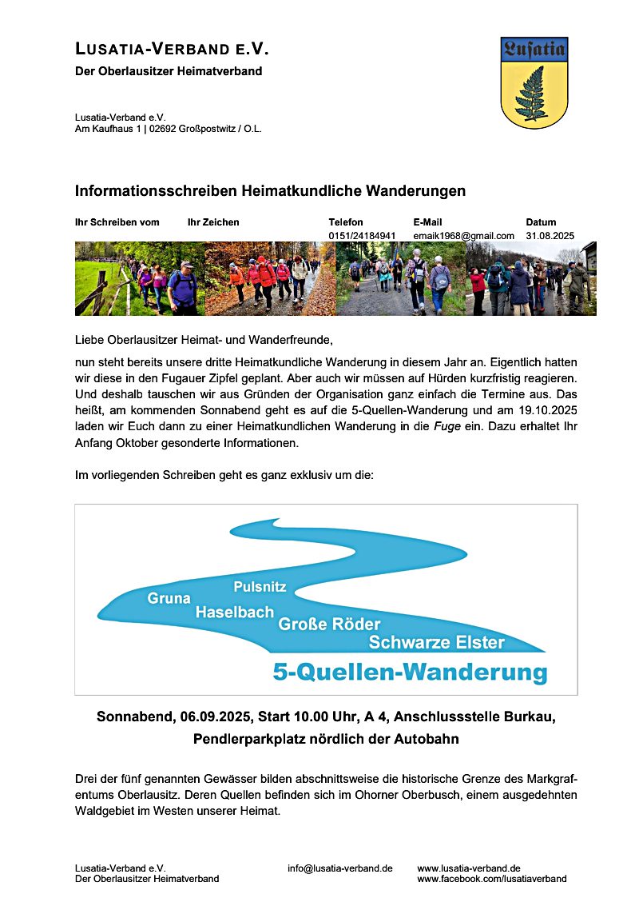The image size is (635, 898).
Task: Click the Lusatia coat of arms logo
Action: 534,82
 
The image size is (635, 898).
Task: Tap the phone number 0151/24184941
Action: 362,236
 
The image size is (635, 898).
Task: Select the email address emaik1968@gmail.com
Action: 463,236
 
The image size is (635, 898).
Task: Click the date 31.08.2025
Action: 550,236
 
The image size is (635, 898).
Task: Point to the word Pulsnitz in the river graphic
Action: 260,587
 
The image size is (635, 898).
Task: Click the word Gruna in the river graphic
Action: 169,598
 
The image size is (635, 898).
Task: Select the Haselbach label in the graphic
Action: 235,613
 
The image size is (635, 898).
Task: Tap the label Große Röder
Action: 329,625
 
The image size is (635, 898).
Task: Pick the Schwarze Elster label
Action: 436,642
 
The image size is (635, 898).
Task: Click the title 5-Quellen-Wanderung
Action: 410,672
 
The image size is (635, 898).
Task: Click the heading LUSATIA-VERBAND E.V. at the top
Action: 172,50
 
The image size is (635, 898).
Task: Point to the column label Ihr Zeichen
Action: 213,222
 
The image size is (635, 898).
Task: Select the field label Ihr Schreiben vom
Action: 117,222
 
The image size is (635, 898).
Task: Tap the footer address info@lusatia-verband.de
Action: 339,868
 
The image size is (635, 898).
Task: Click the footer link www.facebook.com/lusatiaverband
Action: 491,879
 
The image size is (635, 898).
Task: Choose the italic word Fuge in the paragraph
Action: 446,427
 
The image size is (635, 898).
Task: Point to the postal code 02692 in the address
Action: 162,129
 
